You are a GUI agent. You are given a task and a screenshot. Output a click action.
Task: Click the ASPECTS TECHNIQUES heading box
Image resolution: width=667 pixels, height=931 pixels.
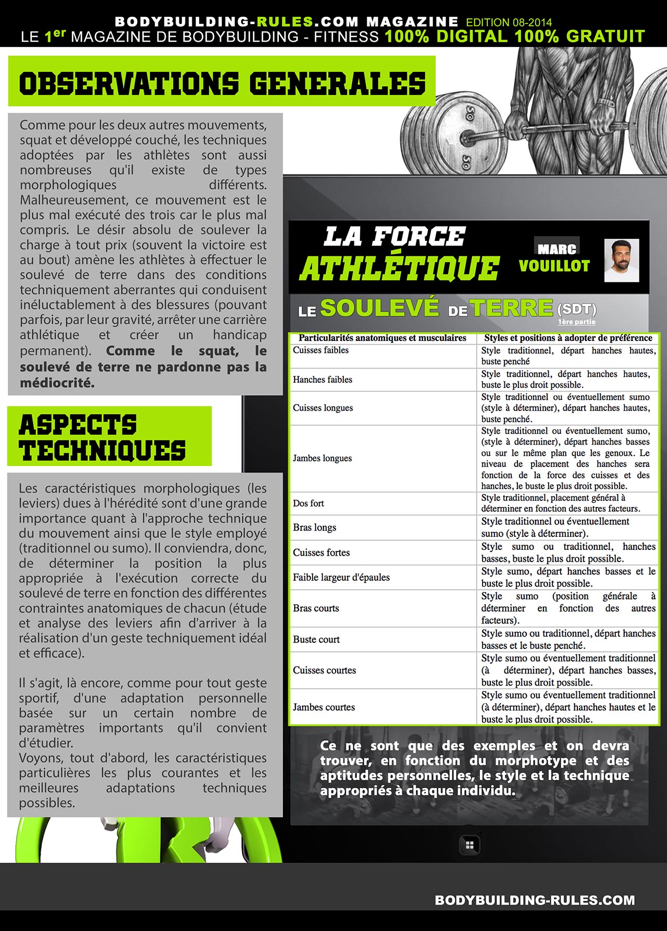[x=109, y=437]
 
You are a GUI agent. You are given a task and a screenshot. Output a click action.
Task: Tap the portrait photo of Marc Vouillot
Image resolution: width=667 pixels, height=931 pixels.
[x=622, y=261]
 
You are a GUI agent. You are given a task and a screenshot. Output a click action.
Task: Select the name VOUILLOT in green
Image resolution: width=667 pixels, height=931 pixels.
[x=554, y=266]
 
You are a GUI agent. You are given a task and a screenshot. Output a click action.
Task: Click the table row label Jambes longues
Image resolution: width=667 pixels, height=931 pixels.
[x=322, y=458]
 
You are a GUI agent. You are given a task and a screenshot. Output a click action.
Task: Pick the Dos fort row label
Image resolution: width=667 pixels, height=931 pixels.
[x=308, y=504]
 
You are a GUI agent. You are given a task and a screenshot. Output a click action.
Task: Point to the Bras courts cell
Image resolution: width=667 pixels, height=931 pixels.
[x=316, y=608]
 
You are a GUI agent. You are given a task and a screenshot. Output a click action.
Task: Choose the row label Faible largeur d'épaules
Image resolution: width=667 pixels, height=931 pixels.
[x=341, y=577]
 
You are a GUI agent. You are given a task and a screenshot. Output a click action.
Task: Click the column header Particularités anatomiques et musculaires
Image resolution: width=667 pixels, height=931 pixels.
[x=382, y=338]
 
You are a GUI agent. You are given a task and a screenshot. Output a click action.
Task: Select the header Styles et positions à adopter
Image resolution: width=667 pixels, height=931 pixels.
[x=568, y=338]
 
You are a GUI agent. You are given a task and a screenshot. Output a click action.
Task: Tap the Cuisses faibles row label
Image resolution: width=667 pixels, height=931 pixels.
[x=320, y=350]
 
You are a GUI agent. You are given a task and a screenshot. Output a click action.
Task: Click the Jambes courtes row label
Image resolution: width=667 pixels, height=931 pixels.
[x=324, y=707]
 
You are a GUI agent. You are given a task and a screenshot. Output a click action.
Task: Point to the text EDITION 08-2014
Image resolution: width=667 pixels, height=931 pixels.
[x=509, y=22]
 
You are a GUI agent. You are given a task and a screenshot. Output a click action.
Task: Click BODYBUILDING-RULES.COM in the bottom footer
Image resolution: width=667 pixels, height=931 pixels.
[x=535, y=900]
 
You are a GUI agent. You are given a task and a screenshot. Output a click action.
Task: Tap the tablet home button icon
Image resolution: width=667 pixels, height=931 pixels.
[x=469, y=845]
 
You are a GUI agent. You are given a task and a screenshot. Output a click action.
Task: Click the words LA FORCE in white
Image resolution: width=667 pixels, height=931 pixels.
[x=394, y=237]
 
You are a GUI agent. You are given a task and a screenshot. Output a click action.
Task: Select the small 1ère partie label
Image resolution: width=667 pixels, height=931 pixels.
[x=576, y=322]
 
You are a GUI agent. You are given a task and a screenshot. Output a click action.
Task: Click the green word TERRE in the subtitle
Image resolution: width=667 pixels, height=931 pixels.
[x=512, y=308]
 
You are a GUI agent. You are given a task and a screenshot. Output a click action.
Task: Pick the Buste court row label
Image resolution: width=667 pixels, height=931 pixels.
[x=316, y=640]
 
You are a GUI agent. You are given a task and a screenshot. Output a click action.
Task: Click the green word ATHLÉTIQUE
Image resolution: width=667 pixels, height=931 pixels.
[x=399, y=268]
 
